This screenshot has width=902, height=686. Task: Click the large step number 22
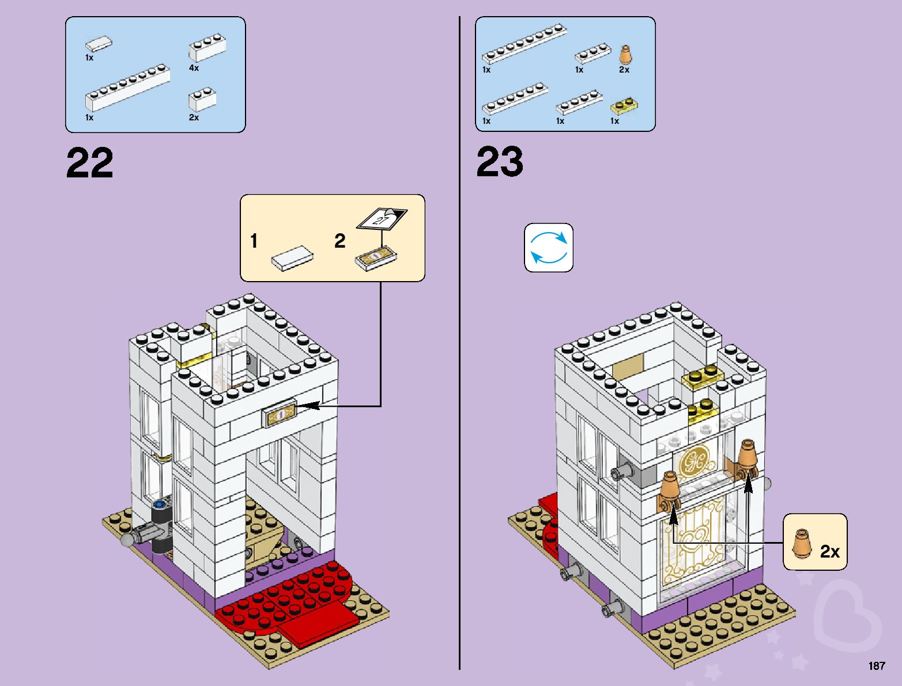pos(89,162)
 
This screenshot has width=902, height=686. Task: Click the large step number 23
pos(500,162)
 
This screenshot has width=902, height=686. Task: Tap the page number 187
pos(877,665)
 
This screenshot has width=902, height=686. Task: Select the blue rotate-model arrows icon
pos(549,248)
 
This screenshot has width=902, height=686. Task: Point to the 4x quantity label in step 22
pos(194,67)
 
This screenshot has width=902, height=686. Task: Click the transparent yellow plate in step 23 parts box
pos(624,105)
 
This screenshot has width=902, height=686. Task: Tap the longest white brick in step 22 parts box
pos(127,88)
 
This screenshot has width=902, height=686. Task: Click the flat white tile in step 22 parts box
pos(99,43)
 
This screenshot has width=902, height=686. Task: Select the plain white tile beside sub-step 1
pos(292,258)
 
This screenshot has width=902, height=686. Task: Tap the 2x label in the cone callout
pos(830,551)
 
